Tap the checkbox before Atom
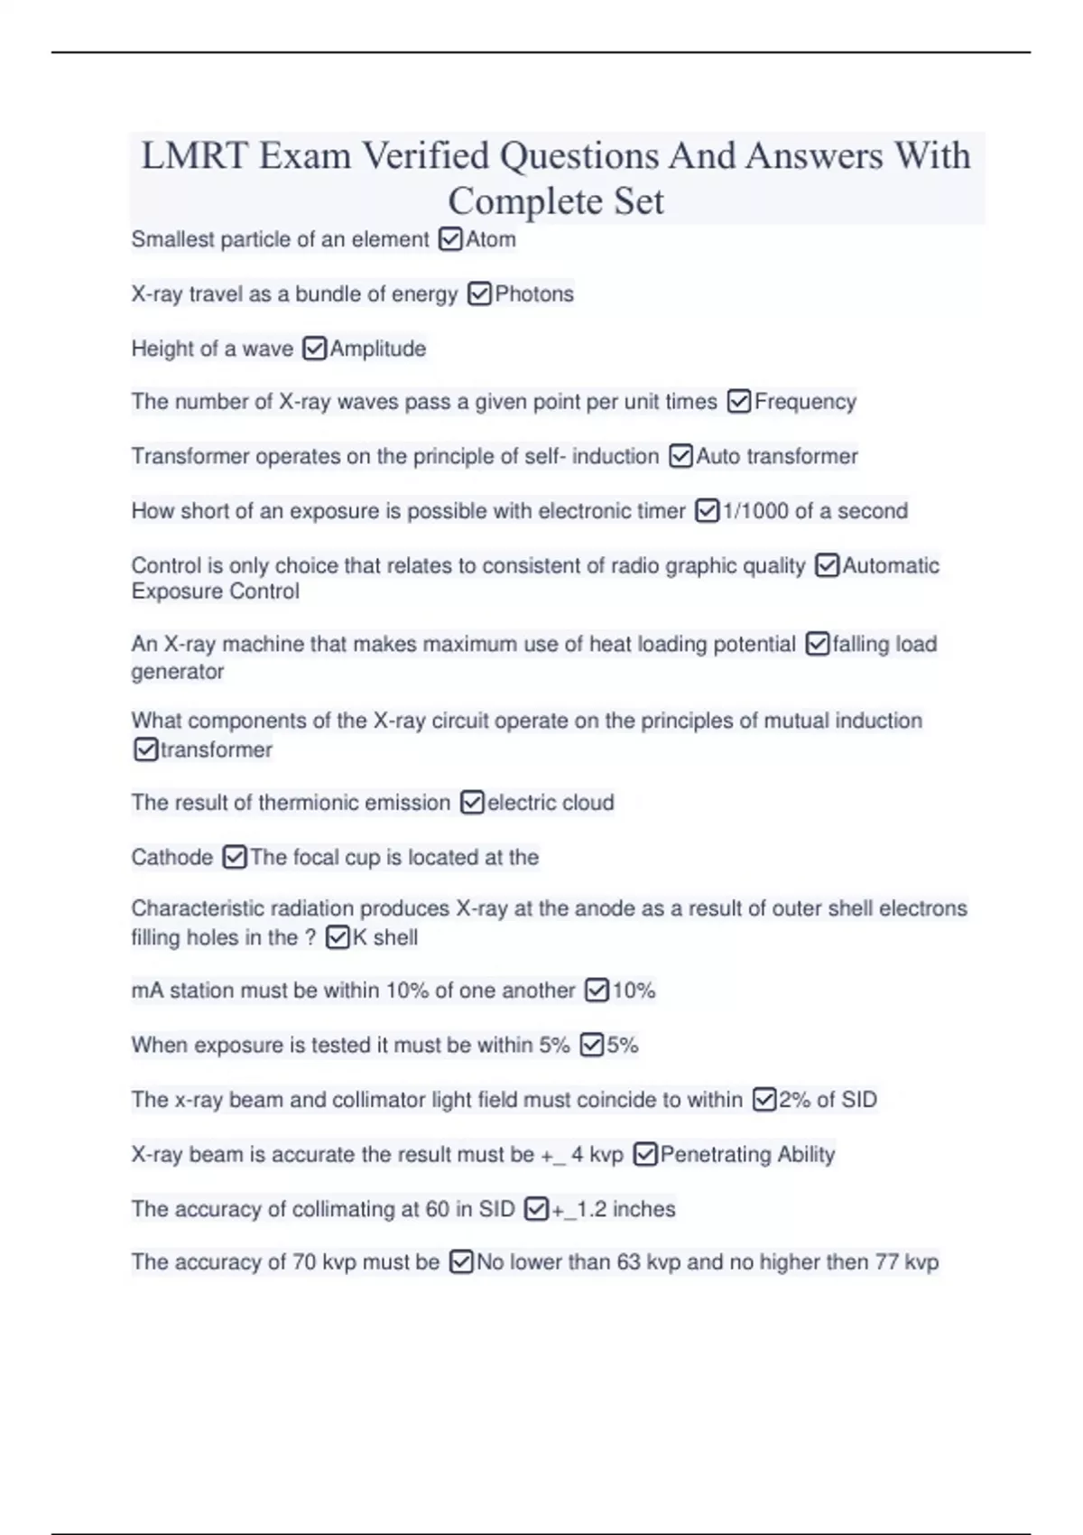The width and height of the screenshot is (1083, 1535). [x=449, y=239]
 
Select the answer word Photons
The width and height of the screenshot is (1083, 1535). [x=534, y=294]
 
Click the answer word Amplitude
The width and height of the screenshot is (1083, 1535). [x=378, y=349]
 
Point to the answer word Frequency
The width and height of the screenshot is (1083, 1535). [x=805, y=402]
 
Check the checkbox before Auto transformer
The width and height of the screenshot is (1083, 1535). [x=680, y=456]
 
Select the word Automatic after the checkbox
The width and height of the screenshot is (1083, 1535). [x=891, y=566]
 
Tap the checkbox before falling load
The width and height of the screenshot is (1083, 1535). [x=817, y=644]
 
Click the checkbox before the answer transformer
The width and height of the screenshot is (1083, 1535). [x=145, y=749]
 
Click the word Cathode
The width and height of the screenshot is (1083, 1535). [x=172, y=857]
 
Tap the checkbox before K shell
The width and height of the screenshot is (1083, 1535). [x=338, y=937]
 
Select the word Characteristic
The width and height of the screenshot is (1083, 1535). [x=199, y=908]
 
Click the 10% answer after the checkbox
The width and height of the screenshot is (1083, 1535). [x=634, y=991]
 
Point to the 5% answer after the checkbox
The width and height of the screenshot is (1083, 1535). [x=623, y=1046]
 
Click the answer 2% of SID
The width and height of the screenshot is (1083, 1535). [x=828, y=1100]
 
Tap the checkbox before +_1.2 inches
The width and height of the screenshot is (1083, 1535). [x=536, y=1209]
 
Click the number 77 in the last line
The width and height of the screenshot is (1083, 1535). [x=886, y=1262]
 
